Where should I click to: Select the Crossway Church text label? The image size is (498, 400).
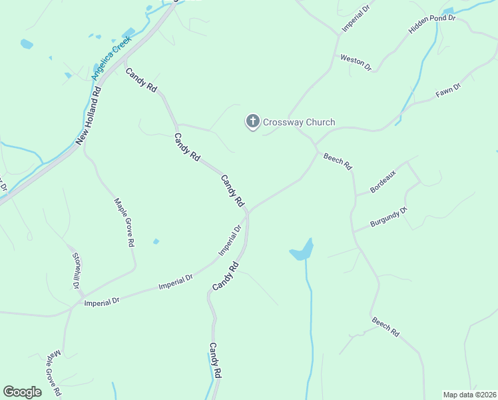coord(299,122)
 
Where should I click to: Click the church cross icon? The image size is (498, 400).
coord(252,121)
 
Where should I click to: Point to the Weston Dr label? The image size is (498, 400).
coord(356,61)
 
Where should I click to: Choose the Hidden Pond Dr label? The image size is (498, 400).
coord(431,25)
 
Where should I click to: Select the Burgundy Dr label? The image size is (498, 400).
coord(388,218)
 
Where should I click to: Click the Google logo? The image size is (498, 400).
coord(23,392)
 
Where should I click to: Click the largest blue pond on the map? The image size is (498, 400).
coord(302,251)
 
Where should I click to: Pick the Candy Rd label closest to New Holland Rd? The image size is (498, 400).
coord(141,79)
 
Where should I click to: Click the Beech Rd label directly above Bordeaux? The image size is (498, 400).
coord(338,162)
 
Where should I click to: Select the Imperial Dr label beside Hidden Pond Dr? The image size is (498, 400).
coord(356,19)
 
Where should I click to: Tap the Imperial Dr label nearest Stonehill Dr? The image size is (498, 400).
coord(102,302)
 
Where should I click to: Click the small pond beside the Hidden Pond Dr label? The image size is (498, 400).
coord(447,12)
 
